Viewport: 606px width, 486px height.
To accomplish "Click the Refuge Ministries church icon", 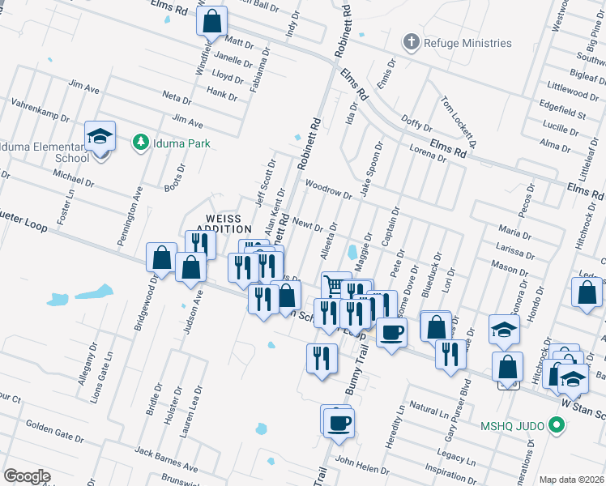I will click(412, 43).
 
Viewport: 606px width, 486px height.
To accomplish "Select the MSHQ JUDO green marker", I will click(555, 424).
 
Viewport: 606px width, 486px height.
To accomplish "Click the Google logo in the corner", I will click(27, 476).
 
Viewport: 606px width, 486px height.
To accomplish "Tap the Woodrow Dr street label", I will click(328, 190).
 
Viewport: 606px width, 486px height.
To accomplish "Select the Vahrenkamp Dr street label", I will click(41, 111).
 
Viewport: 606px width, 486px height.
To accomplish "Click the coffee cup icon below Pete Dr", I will click(392, 331).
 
